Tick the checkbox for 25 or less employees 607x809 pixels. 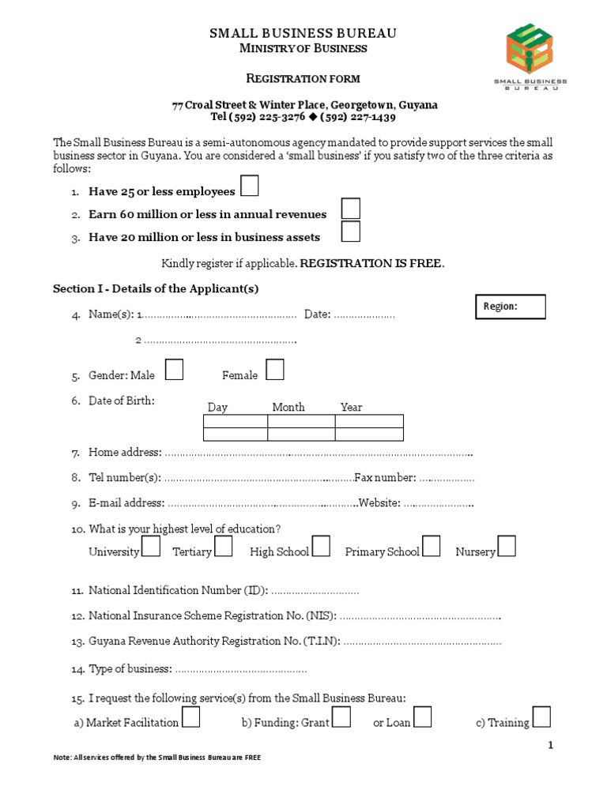[249, 186]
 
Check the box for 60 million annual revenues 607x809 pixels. [351, 209]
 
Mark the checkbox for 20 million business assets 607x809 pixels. [351, 231]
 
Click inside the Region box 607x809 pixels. [510, 307]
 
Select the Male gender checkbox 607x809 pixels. [175, 369]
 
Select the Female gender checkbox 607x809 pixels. [275, 369]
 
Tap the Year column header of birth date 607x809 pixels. [351, 407]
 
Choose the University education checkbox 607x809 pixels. [151, 546]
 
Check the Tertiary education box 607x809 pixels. [224, 546]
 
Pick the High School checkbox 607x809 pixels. [321, 546]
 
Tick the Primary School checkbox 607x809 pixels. [432, 546]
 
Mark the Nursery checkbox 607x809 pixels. [507, 546]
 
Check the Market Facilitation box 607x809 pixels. [190, 717]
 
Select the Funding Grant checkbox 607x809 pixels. [341, 717]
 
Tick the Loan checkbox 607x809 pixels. [423, 717]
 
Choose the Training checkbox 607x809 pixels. [541, 717]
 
